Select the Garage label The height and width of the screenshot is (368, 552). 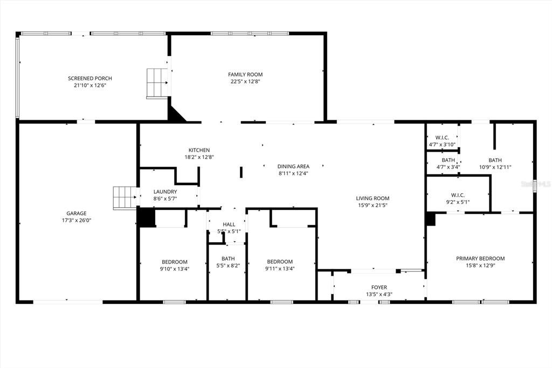click(x=77, y=213)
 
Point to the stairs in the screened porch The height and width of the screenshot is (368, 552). click(x=157, y=83)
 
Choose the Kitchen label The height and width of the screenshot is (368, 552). click(x=199, y=150)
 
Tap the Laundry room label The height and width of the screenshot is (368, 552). click(x=165, y=192)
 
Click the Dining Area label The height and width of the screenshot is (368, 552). click(x=293, y=166)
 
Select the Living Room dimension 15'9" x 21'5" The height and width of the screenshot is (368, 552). click(x=372, y=205)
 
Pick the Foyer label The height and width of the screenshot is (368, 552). click(x=379, y=287)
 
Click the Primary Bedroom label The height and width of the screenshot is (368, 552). click(x=480, y=258)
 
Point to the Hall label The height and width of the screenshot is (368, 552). click(x=229, y=224)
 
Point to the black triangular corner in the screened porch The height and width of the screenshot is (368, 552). click(x=175, y=113)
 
